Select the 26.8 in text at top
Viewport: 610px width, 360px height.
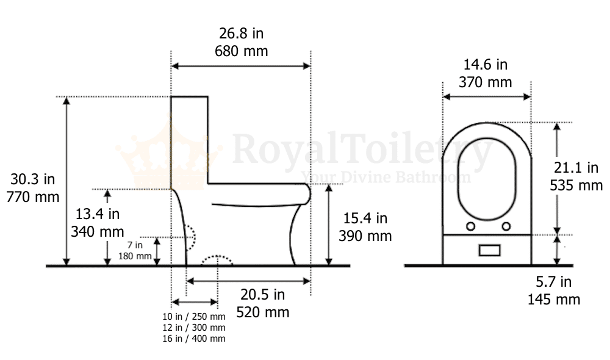tap(241, 33)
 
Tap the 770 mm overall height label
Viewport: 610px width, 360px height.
tap(33, 196)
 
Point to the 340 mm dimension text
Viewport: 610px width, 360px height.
tap(98, 231)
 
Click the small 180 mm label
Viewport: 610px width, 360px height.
tap(135, 256)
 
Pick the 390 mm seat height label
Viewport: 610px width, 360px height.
tap(365, 236)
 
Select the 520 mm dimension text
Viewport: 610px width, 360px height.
tap(262, 312)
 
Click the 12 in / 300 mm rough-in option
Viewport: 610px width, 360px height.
tap(193, 327)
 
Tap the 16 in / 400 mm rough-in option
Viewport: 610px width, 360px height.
tap(193, 338)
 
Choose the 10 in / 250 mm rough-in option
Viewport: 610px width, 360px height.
tap(193, 316)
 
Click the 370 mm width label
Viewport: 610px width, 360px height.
tap(486, 82)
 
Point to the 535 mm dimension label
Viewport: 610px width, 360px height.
tap(576, 185)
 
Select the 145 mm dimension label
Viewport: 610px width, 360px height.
tap(553, 299)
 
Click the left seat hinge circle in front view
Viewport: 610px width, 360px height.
tap(471, 226)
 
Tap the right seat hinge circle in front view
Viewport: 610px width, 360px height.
tap(506, 226)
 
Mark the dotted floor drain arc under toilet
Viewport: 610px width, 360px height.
tap(217, 260)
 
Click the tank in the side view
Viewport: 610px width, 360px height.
tap(190, 140)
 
